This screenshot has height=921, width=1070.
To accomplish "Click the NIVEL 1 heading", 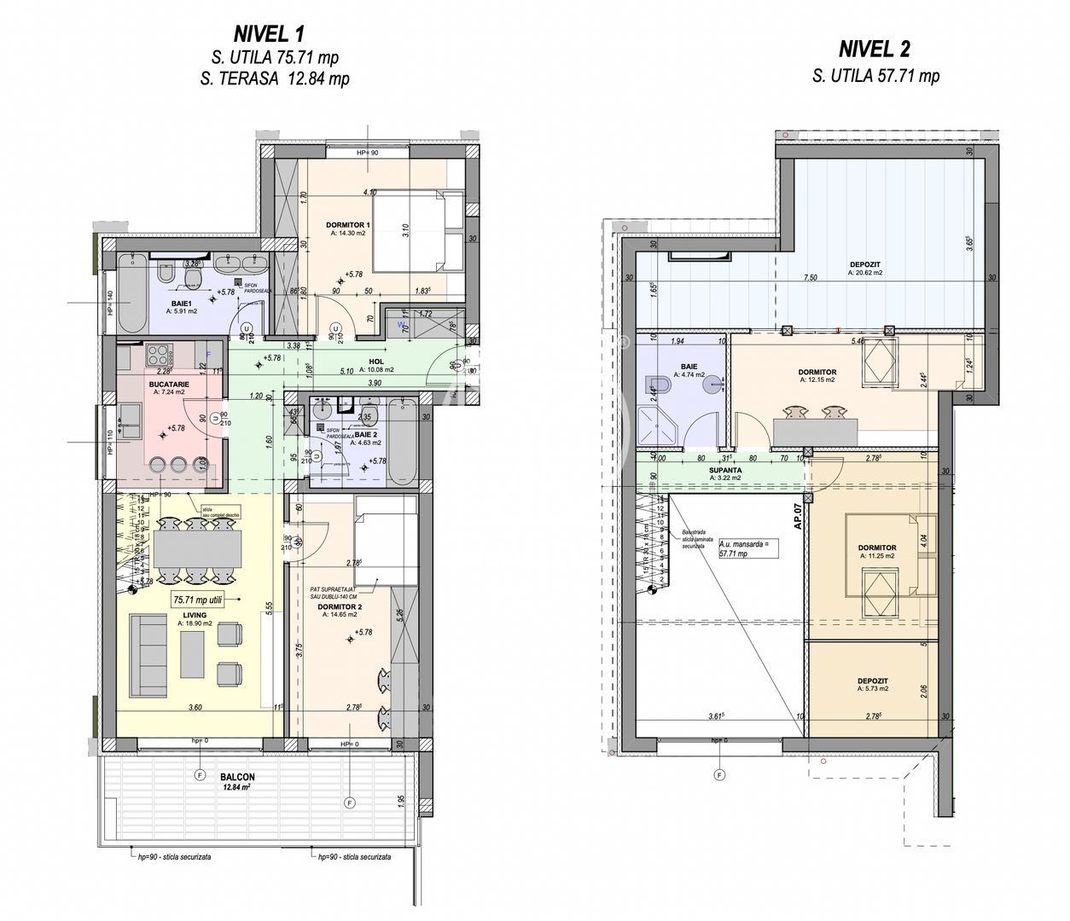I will coord(268,34).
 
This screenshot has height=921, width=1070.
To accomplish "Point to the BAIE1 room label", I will coord(180,303).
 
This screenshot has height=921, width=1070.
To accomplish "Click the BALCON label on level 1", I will coord(237,777).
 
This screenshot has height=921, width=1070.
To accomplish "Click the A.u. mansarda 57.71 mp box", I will coord(748,547).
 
